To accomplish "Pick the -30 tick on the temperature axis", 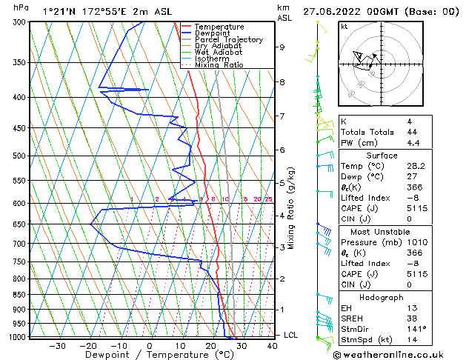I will tap(57, 345).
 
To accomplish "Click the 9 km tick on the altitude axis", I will tap(282, 47).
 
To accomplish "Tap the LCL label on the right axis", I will tap(291, 335).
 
